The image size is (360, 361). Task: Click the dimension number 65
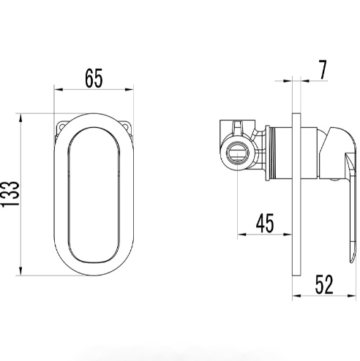click(x=94, y=78)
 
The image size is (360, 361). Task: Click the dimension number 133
click(x=10, y=194)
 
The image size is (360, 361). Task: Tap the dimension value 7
click(x=323, y=69)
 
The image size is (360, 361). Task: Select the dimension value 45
click(x=265, y=223)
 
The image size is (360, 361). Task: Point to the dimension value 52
click(x=324, y=284)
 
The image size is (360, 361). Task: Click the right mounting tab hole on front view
click(x=126, y=126)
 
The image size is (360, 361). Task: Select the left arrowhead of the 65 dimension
click(x=59, y=89)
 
